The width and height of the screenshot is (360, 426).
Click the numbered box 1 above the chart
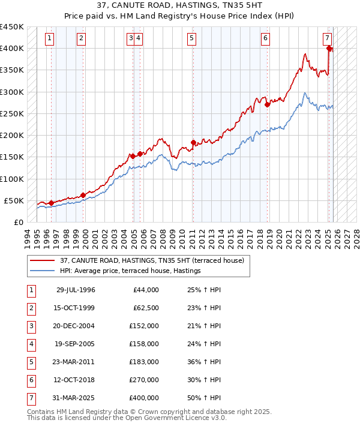point(49,38)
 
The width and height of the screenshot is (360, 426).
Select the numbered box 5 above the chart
point(191,38)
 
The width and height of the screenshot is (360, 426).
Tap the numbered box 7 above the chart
point(327,38)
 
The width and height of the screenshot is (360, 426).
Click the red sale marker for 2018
point(267,104)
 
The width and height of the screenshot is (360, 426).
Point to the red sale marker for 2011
point(193,142)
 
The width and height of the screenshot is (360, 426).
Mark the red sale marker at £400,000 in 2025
point(329,49)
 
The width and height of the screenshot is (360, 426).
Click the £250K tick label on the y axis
point(12,113)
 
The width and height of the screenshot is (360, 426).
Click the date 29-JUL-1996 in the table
point(76,290)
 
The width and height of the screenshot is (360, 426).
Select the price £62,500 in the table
point(146,308)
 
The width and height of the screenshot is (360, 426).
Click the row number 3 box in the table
point(30,326)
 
